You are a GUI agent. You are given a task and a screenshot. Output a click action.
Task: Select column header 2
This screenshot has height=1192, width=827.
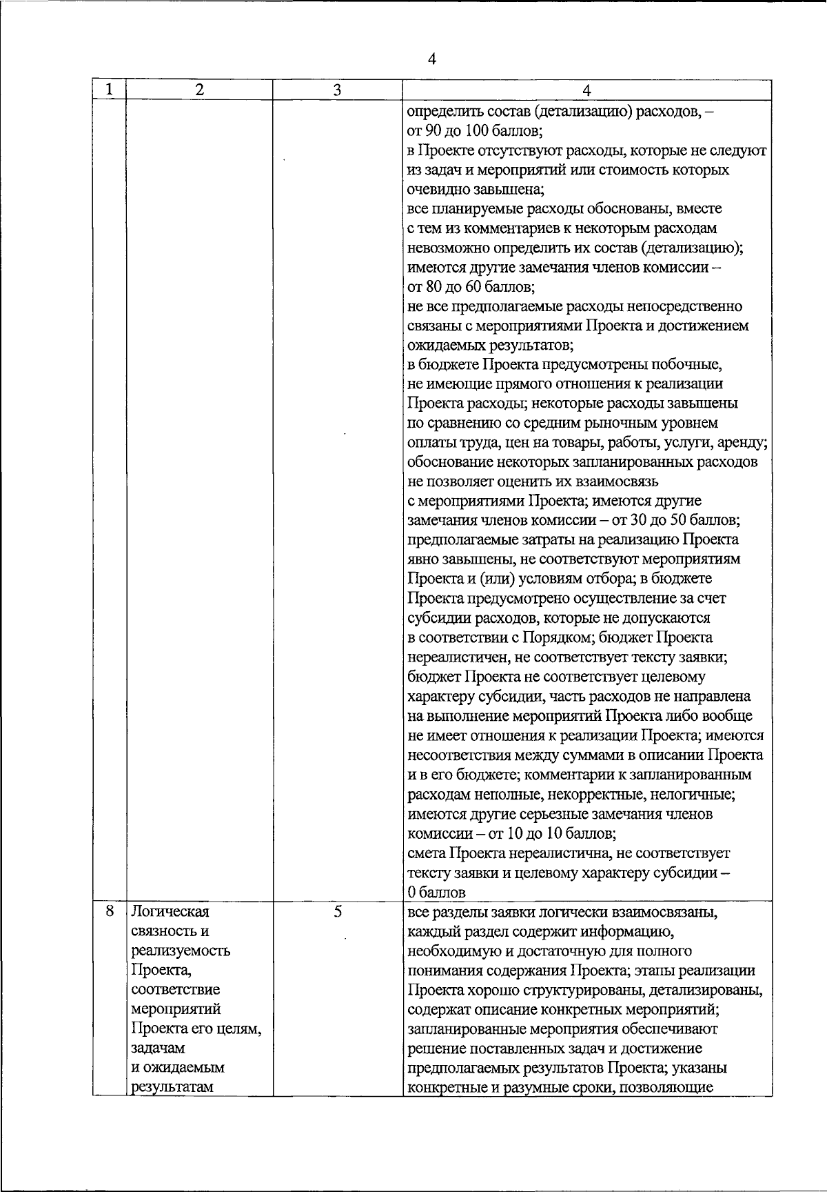click(x=199, y=90)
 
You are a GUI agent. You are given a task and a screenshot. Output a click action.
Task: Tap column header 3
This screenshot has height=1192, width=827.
click(x=337, y=90)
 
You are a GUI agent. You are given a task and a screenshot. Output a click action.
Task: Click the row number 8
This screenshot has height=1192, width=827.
click(x=109, y=911)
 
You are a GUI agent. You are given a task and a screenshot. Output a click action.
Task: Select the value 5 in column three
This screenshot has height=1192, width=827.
click(x=337, y=911)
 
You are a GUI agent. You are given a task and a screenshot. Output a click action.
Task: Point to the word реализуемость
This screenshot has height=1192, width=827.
click(x=180, y=951)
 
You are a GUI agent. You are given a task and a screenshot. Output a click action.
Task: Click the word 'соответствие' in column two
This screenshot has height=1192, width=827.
click(x=175, y=989)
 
